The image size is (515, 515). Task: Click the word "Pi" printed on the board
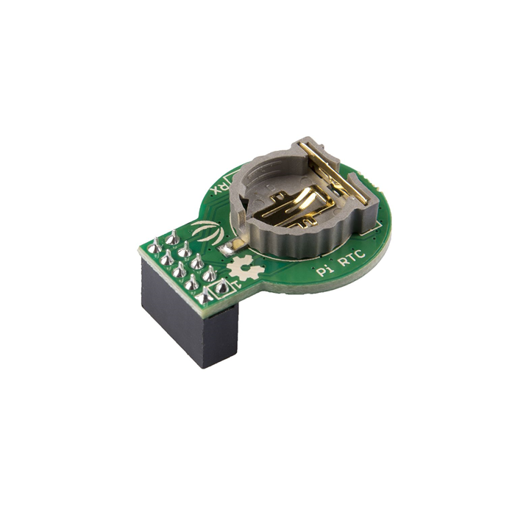pyautogui.click(x=322, y=270)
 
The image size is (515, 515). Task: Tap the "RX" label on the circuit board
pyautogui.click(x=220, y=187)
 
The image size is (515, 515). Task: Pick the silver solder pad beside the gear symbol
pyautogui.click(x=237, y=246)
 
